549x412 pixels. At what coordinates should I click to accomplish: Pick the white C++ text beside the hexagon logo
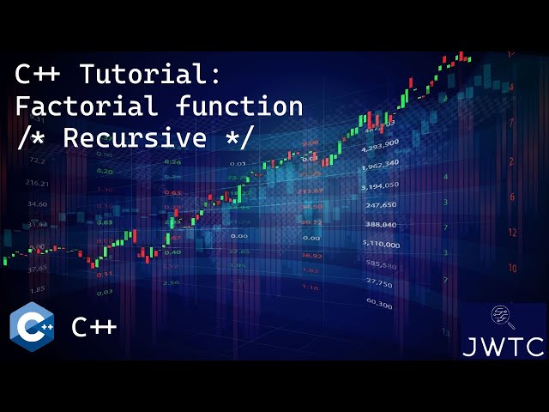tap(94, 327)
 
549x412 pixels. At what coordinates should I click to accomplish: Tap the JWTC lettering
tap(503, 347)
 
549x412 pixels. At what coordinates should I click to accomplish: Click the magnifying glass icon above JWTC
tap(502, 318)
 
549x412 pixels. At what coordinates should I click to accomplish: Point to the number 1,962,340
tap(380, 163)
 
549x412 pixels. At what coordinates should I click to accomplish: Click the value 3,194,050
tap(380, 185)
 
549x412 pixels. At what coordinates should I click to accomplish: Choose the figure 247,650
tap(380, 205)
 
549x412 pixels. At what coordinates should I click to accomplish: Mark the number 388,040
tap(380, 224)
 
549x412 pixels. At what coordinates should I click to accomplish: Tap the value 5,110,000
tap(380, 245)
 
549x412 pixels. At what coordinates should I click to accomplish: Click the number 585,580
tap(380, 264)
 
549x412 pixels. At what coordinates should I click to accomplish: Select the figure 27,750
tap(380, 283)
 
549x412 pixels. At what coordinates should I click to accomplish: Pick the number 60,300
tap(379, 304)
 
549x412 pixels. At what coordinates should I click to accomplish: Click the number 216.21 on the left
tap(37, 184)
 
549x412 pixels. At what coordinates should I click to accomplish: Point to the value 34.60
tap(37, 204)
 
